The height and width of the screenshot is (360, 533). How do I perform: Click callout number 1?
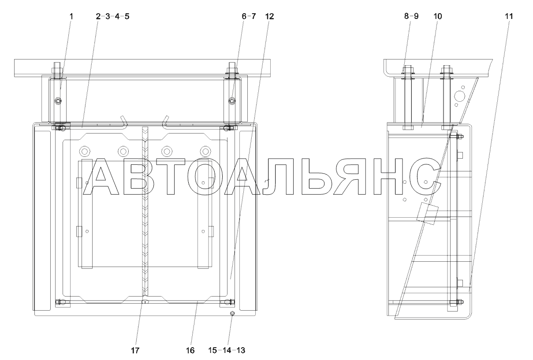tap(71, 16)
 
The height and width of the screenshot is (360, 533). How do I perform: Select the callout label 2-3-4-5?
tap(112, 16)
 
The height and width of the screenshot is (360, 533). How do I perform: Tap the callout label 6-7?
tap(249, 16)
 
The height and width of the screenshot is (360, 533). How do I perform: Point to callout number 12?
tap(270, 16)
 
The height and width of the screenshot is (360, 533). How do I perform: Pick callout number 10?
tap(438, 16)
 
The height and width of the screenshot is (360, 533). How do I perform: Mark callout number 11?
tap(509, 16)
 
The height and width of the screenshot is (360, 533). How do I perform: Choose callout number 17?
tap(135, 350)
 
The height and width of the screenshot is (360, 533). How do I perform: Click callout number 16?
tap(190, 350)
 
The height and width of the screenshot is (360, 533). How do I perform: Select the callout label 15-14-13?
tap(227, 350)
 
